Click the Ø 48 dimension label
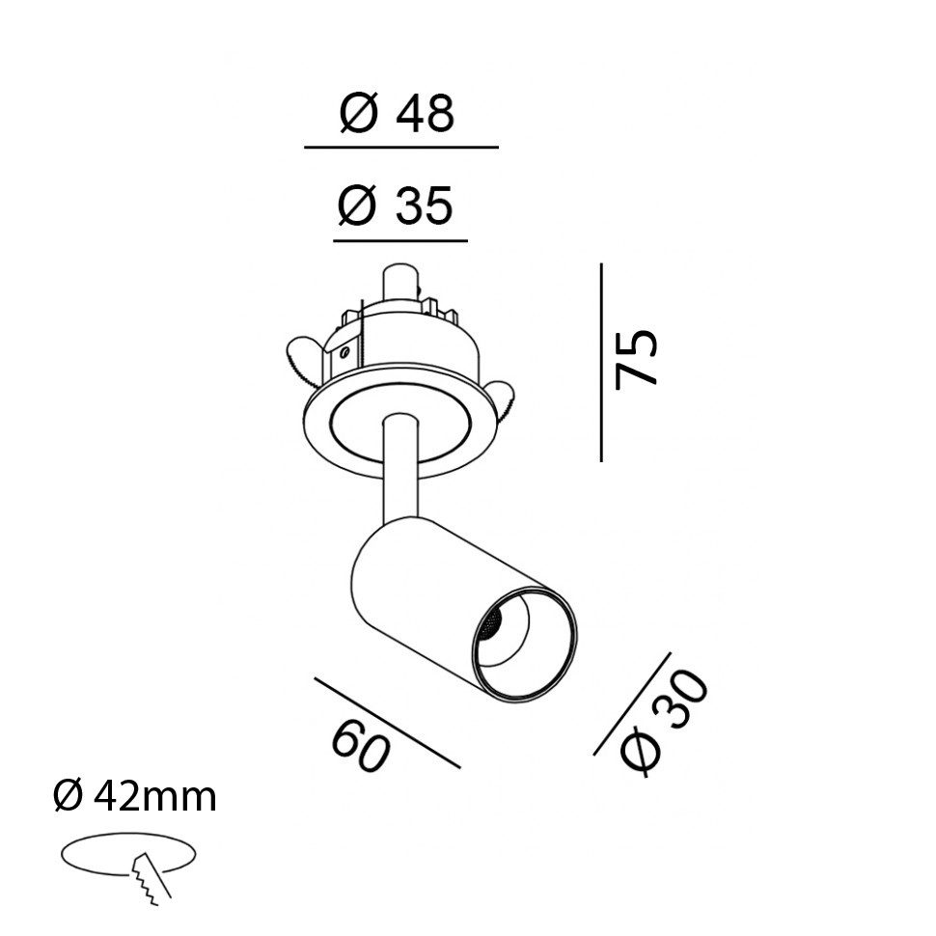[x=397, y=113]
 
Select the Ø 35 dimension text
[x=396, y=206]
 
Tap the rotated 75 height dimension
[x=636, y=359]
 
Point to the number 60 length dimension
[x=361, y=745]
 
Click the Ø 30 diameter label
[x=664, y=724]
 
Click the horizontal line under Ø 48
[x=401, y=147]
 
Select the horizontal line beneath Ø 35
[x=400, y=241]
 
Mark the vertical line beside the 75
[x=601, y=363]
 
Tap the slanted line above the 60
[x=387, y=723]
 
